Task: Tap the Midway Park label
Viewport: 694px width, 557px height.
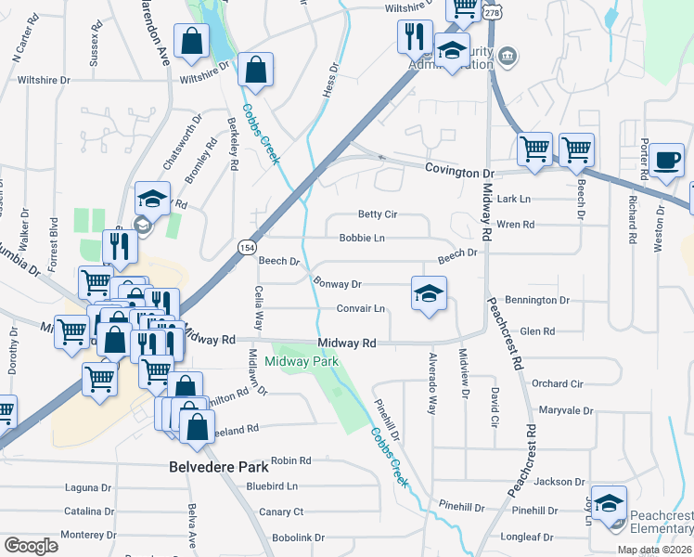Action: [x=302, y=361]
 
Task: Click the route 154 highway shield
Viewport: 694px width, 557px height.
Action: [x=246, y=247]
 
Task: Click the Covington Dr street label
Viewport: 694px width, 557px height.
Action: [x=458, y=171]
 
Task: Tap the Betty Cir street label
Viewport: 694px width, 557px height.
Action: [x=377, y=214]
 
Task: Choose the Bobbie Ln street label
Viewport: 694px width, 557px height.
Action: [x=362, y=239]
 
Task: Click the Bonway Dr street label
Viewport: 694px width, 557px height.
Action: [x=337, y=284]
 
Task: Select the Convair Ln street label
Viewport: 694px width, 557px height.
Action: [x=360, y=308]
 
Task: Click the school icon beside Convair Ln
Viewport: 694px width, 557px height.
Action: [x=428, y=294]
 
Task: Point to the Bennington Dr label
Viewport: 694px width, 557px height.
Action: [x=538, y=301]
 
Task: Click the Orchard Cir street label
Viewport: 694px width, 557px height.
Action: [x=557, y=383]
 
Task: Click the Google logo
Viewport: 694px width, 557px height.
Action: [x=31, y=545]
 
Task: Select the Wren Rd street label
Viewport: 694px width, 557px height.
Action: [x=515, y=225]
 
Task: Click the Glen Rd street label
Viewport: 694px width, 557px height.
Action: [x=537, y=331]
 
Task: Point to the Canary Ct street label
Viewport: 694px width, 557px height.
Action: [x=281, y=512]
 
